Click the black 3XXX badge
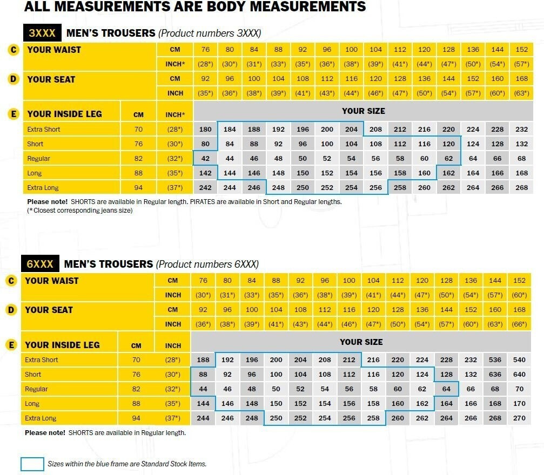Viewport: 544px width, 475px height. [42, 33]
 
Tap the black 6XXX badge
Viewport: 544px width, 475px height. [40, 264]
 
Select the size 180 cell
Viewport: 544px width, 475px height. [205, 130]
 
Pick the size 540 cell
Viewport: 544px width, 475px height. [520, 360]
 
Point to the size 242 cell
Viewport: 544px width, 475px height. [205, 188]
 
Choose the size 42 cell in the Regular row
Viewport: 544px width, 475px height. [205, 159]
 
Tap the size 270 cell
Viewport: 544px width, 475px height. [520, 418]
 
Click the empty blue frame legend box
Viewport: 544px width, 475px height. [32, 464]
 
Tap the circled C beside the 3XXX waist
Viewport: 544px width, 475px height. [14, 50]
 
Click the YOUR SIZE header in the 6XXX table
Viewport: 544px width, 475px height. [361, 342]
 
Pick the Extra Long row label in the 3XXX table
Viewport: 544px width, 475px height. [43, 188]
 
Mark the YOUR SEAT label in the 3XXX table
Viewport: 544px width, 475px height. [51, 79]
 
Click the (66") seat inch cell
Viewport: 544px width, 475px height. [520, 324]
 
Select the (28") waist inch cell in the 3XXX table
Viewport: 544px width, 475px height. [205, 64]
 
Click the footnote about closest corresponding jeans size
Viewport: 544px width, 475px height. [80, 211]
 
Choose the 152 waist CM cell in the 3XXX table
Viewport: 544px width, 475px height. [521, 50]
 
